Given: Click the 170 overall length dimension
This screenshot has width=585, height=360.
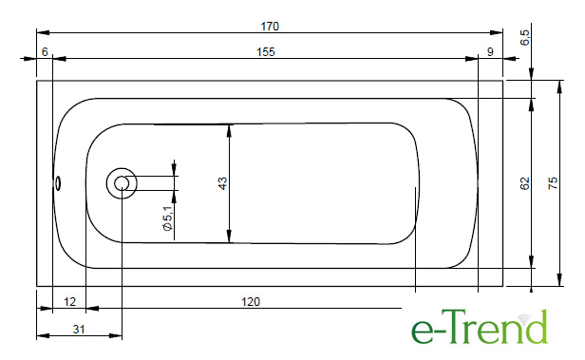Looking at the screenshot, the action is point(270,27).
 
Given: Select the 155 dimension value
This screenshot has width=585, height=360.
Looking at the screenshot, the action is point(266,52).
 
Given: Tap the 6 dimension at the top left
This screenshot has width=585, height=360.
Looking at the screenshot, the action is point(45,52).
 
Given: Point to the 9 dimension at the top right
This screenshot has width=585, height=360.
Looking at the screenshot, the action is point(490,52).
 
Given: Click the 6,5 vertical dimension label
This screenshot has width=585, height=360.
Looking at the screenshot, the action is point(524,37).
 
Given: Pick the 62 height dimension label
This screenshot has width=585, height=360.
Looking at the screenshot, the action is point(524,183).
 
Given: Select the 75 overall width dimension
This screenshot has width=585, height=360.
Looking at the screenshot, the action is point(553,183).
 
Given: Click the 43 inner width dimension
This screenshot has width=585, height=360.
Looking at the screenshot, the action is point(222,183).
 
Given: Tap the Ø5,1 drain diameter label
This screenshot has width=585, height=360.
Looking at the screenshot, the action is point(168,218).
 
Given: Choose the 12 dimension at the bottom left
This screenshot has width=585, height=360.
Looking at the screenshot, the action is point(69,301).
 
